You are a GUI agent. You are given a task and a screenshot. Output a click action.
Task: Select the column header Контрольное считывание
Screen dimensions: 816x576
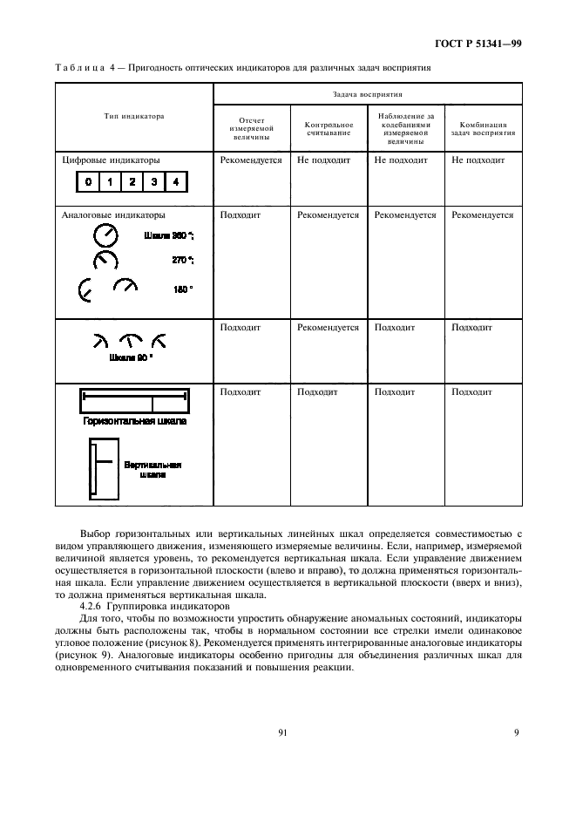point(328,129)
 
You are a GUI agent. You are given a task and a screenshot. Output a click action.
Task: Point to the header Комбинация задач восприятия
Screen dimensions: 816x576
point(483,129)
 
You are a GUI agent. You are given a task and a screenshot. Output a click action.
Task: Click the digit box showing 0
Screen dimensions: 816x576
point(88,182)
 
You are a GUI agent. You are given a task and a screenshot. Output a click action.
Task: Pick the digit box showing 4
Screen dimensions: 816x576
point(175,182)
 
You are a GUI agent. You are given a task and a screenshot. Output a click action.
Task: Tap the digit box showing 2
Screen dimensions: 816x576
point(132,182)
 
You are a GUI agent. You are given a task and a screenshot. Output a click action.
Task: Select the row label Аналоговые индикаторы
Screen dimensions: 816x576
point(113,214)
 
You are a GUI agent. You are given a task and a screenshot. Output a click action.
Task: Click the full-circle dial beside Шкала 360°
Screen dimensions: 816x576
point(105,235)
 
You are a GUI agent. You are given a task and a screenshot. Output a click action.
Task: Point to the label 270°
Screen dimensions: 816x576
point(182,260)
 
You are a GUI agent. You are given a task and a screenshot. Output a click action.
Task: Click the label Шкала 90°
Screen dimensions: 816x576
point(131,357)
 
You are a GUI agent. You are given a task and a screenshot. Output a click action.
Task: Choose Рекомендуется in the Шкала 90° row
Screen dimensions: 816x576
point(328,328)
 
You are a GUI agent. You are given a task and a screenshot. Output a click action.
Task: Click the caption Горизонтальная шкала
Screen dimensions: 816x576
point(134,421)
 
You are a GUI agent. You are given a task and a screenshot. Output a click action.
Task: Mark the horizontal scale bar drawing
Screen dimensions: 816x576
point(134,403)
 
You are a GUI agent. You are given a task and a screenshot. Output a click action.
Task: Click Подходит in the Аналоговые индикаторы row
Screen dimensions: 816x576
point(241,214)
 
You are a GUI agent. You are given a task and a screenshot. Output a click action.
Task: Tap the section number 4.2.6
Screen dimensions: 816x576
point(92,606)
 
